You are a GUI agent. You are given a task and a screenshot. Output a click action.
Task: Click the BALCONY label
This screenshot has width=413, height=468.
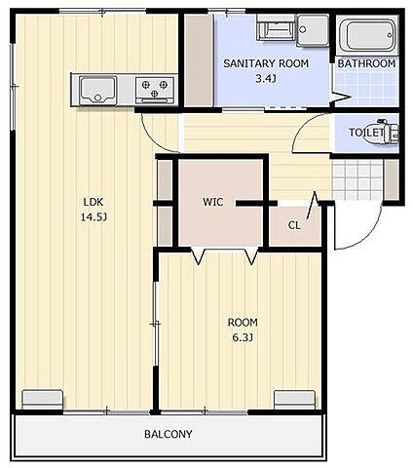coord(169,434)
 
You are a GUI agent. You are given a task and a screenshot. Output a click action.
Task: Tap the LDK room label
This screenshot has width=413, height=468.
coord(94,202)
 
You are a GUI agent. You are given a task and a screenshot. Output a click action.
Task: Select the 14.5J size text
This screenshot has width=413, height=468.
coord(94,217)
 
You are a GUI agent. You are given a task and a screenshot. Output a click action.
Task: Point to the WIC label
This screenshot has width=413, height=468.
coord(213,202)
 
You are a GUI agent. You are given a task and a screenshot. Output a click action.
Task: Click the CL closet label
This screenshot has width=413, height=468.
coord(294,225)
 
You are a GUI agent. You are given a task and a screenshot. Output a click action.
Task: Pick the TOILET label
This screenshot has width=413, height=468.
coord(366,133)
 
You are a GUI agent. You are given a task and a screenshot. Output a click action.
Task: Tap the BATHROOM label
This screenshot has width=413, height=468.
coord(366,63)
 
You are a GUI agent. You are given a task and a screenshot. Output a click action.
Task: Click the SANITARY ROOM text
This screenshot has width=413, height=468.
coord(266,63)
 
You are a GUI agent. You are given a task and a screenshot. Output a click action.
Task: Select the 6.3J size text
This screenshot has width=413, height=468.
coord(243,338)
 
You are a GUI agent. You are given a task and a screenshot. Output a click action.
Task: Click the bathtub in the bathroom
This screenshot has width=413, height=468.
coord(368,35)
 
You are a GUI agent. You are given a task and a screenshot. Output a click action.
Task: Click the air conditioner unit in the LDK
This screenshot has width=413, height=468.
coord(43,400)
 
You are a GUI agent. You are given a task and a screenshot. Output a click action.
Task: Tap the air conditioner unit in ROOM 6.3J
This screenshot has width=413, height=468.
coord(294,400)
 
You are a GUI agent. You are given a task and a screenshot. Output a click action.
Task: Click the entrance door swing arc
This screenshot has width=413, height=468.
coord(367,237)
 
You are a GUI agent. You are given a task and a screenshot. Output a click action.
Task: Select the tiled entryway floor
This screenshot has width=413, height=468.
coord(357,179)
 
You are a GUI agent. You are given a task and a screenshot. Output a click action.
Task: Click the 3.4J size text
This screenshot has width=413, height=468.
coord(266,78)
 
